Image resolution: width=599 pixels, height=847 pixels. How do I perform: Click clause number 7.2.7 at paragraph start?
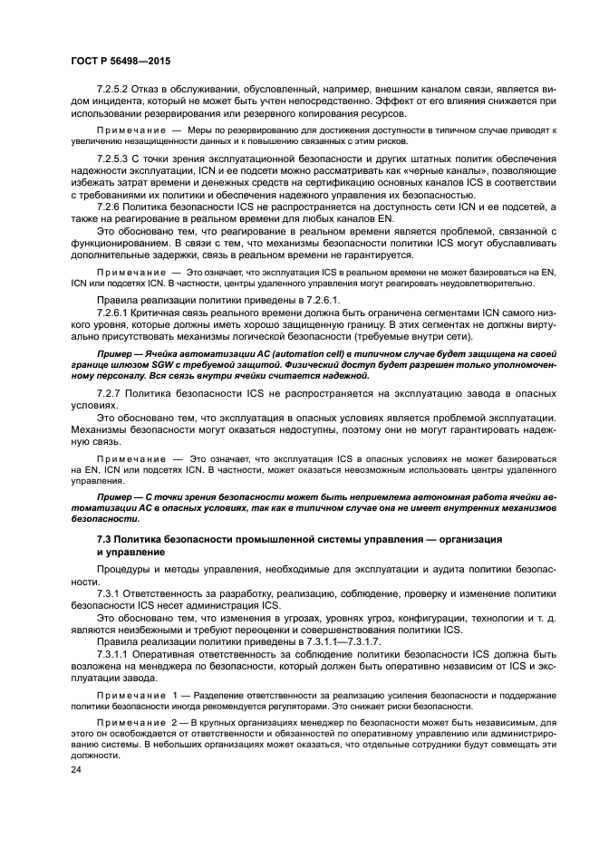[111, 394]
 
